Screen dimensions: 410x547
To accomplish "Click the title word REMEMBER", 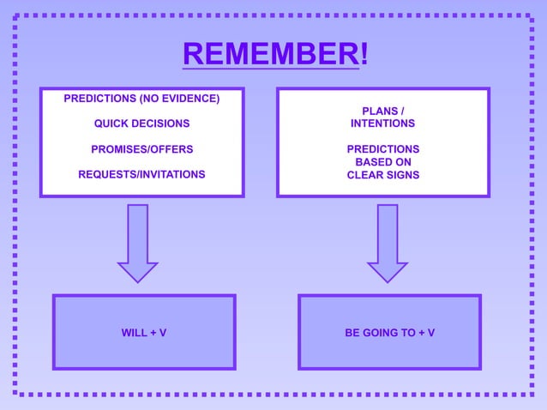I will click(x=270, y=54).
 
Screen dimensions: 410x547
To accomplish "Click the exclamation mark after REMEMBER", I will click(x=364, y=54).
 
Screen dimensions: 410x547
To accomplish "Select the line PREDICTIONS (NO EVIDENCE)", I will click(x=141, y=99).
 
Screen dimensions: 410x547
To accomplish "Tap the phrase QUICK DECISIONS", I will click(x=141, y=124).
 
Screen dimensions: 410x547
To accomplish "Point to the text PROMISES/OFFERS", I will click(x=141, y=149).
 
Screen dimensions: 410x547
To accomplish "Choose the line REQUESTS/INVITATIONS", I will click(x=141, y=174).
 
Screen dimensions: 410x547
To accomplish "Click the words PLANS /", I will click(x=382, y=112).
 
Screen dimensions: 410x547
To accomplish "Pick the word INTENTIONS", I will click(x=382, y=124).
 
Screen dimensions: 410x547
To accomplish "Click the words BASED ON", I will click(x=382, y=162).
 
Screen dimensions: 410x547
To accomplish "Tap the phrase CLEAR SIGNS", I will click(x=382, y=175).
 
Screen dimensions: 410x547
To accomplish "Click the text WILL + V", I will click(x=144, y=333).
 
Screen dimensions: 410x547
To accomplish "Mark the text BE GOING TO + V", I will click(x=389, y=333).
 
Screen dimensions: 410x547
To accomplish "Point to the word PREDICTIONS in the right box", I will click(x=382, y=149).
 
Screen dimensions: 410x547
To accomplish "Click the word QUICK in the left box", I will click(x=111, y=124).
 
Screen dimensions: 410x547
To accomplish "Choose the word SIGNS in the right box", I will click(x=402, y=175).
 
